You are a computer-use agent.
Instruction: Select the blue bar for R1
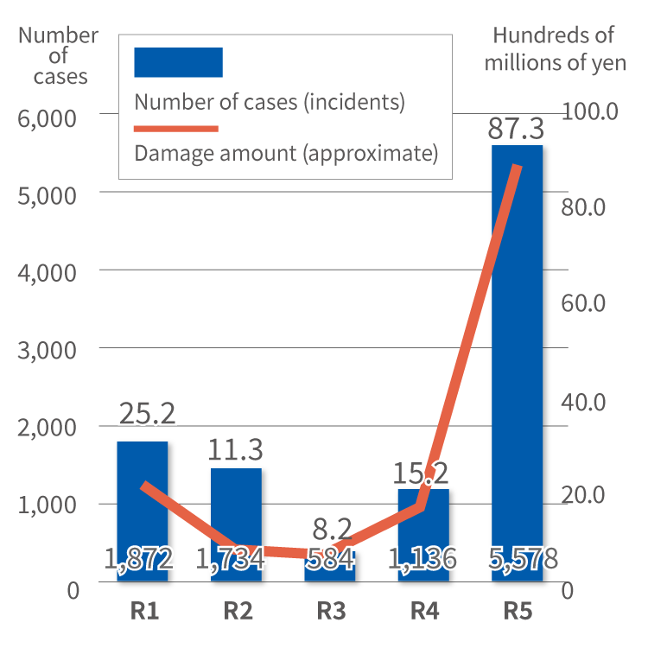tap(143, 510)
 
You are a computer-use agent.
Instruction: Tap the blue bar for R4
tap(423, 531)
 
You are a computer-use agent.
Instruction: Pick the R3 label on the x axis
tap(331, 611)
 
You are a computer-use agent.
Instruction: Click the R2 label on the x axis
tap(237, 611)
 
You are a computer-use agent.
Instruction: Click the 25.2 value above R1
tap(147, 413)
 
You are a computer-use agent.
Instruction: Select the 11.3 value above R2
tap(237, 449)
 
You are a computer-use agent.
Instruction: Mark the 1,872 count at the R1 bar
tap(140, 559)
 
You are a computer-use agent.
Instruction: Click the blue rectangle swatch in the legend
tap(178, 61)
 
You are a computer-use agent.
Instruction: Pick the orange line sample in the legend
tap(176, 129)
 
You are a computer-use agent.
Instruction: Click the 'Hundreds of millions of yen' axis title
tap(554, 48)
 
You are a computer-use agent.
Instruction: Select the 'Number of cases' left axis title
tap(59, 55)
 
